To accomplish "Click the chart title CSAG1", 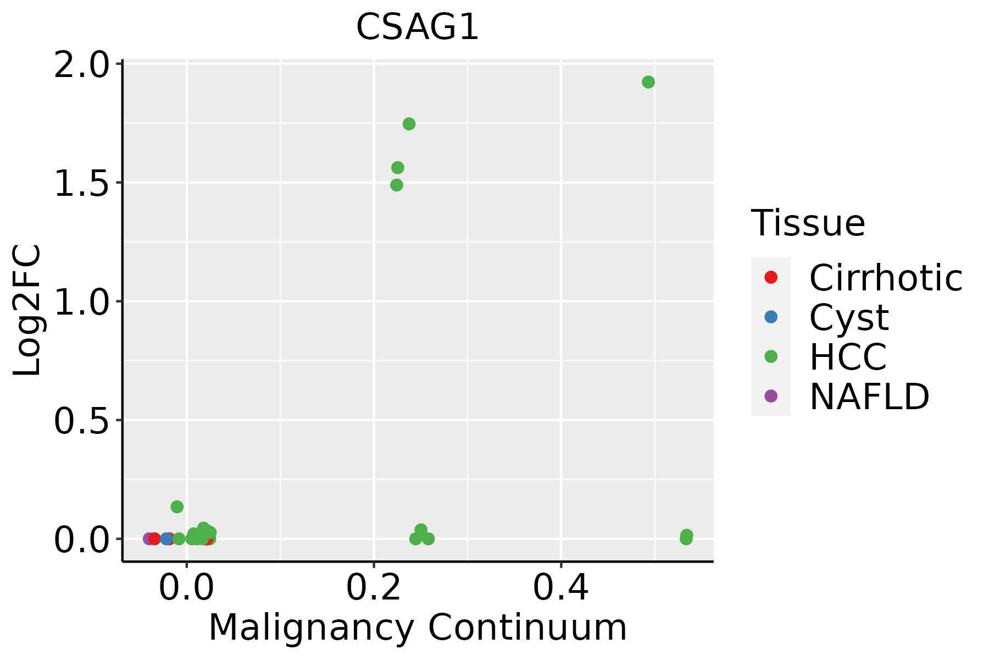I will click(x=418, y=28).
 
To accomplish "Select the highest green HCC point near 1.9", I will click(x=648, y=82).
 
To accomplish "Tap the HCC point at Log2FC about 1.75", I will click(x=409, y=124).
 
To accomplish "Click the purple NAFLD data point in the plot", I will click(x=148, y=538).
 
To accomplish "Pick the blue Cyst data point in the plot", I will click(x=166, y=538).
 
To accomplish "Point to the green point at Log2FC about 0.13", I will click(x=177, y=507).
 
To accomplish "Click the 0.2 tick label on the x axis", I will click(x=374, y=588).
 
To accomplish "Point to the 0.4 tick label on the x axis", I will click(x=561, y=588).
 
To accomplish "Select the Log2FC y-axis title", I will click(x=27, y=310).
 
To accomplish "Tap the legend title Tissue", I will click(x=808, y=223).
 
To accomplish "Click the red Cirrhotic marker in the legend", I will click(x=771, y=277).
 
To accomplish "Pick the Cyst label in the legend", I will click(x=849, y=317).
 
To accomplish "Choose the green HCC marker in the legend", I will click(x=771, y=356).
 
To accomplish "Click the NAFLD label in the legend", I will click(x=869, y=396).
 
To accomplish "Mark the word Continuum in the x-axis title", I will click(x=527, y=628).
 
